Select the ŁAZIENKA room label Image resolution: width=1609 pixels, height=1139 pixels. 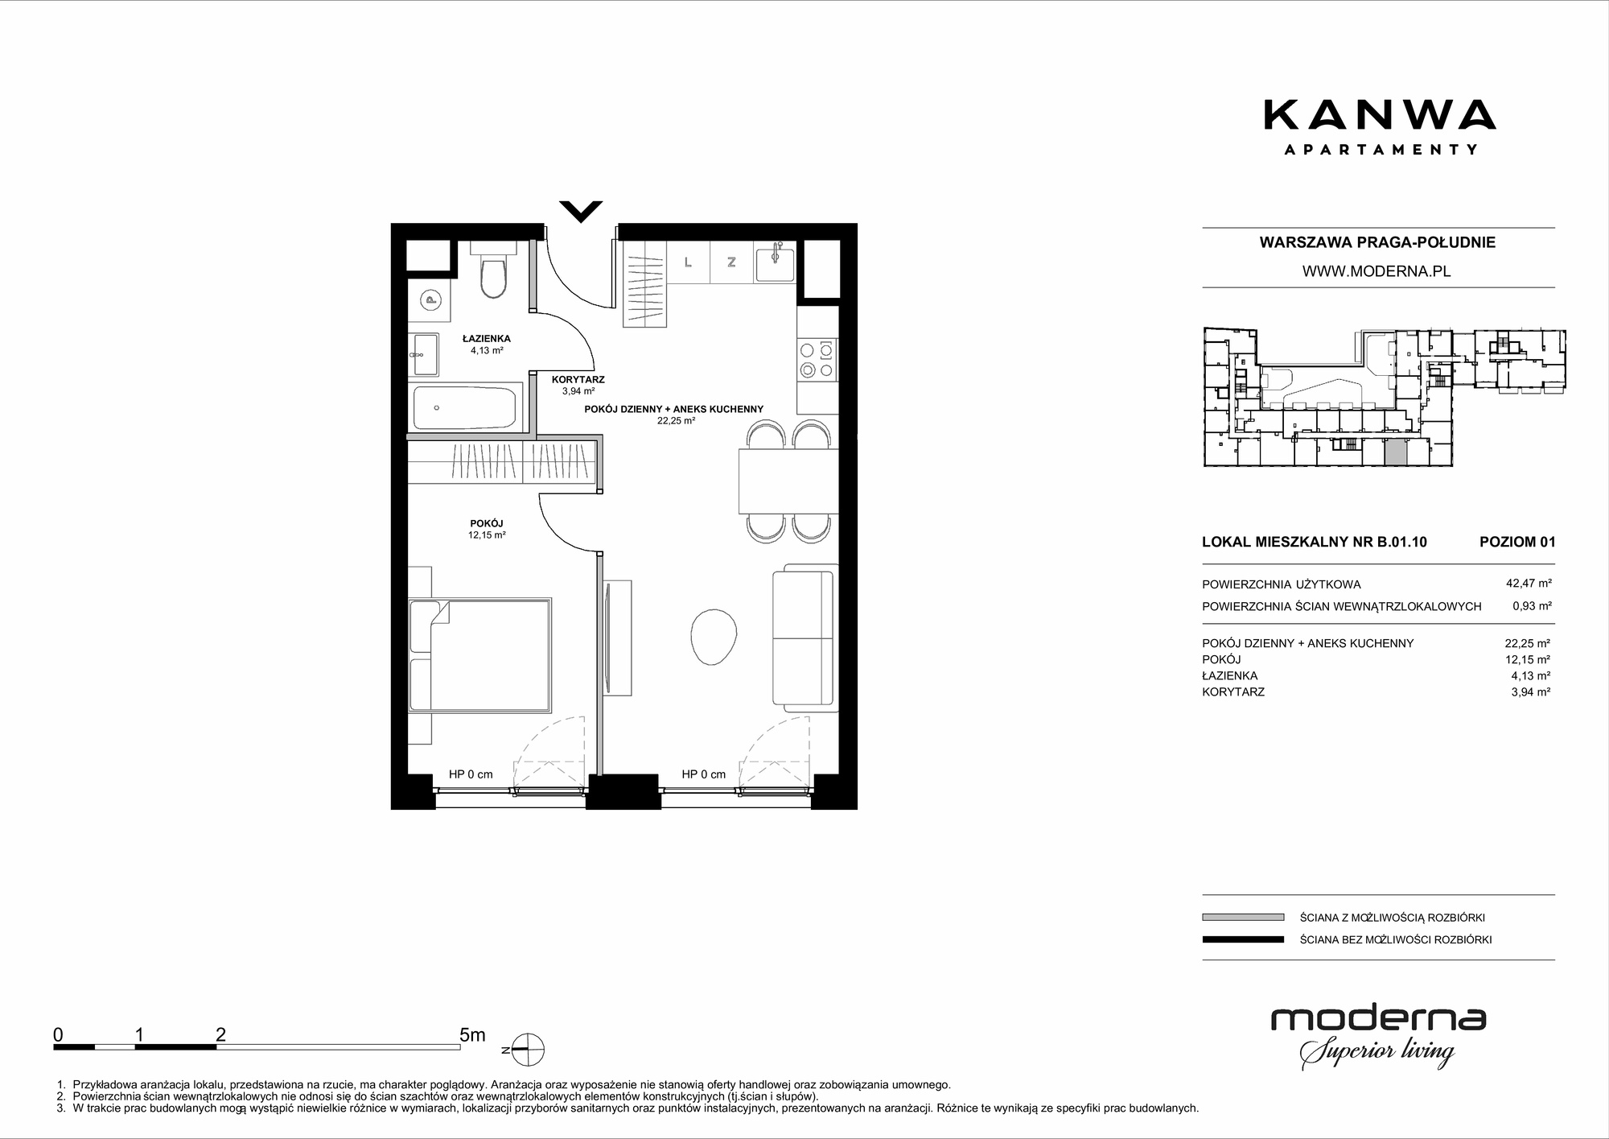point(486,339)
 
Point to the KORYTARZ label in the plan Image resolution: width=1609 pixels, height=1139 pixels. point(578,380)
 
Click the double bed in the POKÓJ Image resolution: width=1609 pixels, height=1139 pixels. point(479,654)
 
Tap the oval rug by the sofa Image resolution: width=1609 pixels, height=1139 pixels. point(714,636)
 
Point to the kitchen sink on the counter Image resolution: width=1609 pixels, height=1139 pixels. point(775,263)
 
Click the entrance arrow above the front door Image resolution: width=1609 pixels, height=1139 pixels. point(581,211)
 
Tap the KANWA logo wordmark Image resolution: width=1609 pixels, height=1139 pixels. point(1380,114)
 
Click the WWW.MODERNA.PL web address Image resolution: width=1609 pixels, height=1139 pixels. point(1376,271)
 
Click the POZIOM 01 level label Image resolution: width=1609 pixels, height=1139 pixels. point(1517,542)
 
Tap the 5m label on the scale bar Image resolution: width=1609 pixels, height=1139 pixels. point(472,1035)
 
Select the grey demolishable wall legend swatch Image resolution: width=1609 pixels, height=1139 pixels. point(1243,917)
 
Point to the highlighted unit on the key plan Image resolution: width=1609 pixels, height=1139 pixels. point(1396,452)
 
